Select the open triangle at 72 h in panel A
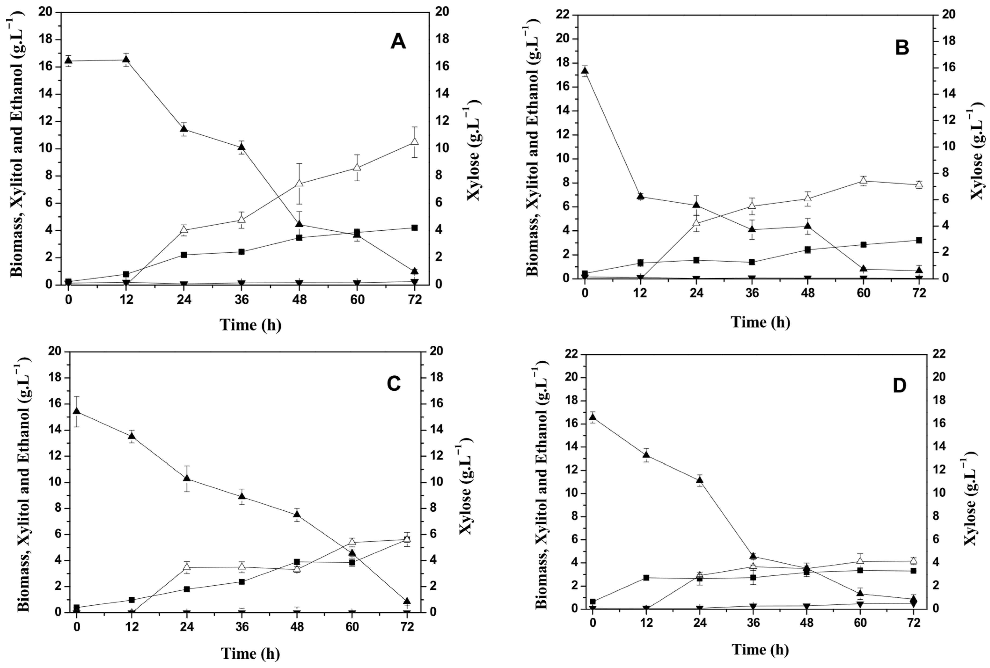coord(414,142)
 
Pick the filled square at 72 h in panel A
coord(414,228)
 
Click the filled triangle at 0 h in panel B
coord(585,71)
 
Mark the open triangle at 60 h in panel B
coord(863,181)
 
